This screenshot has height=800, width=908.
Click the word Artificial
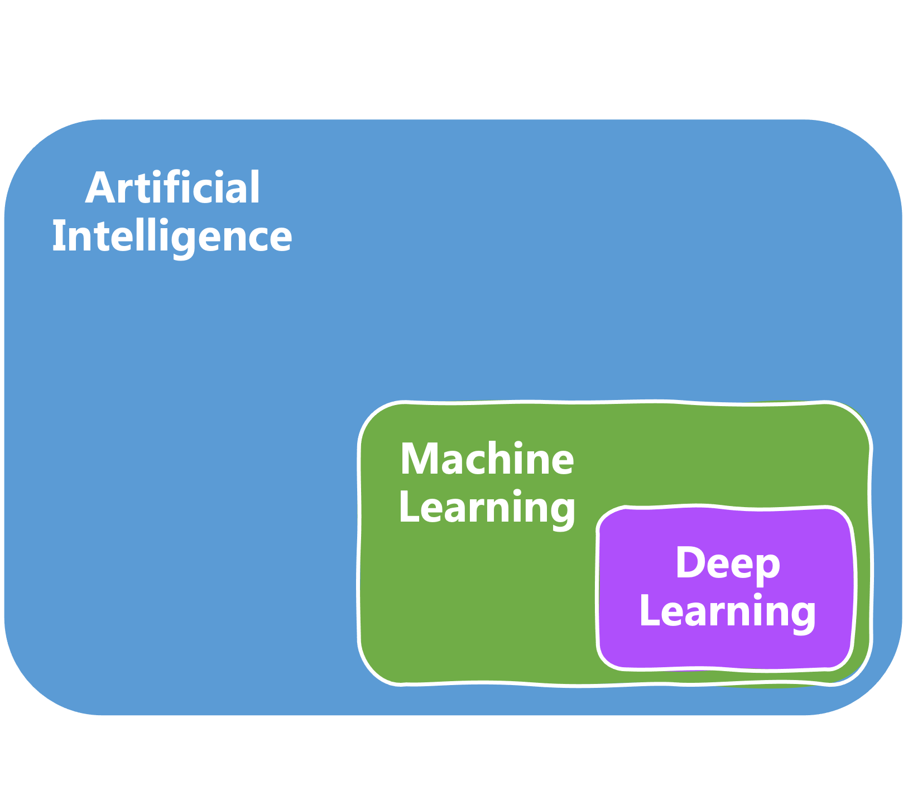click(172, 188)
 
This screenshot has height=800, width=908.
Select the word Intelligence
click(172, 237)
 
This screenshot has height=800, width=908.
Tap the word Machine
click(487, 459)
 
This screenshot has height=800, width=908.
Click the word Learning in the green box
click(487, 508)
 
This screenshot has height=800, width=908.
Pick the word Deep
click(728, 563)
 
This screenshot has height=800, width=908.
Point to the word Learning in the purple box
click(728, 611)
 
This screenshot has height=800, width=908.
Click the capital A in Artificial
click(100, 189)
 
